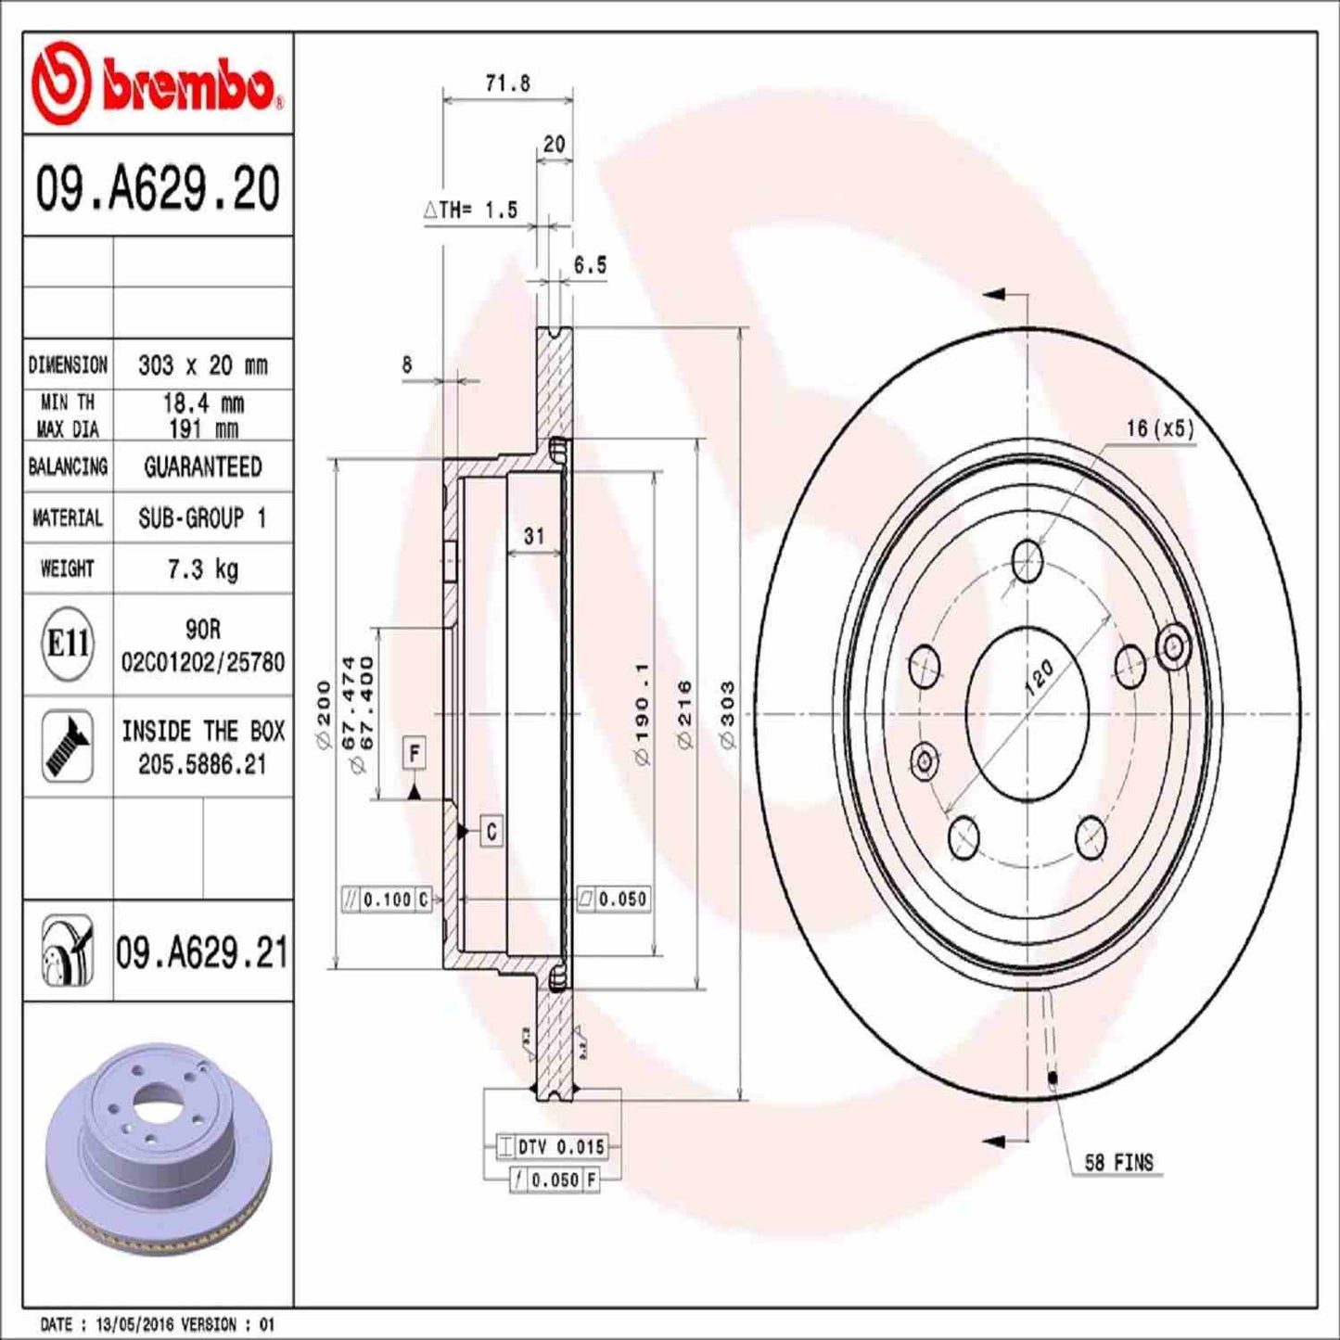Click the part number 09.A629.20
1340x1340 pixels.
tap(158, 187)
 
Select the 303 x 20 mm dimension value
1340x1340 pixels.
tap(202, 365)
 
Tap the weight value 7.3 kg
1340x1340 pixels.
tap(202, 568)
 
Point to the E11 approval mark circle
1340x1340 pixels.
tap(68, 643)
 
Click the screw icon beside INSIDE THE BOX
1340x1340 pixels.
tap(68, 746)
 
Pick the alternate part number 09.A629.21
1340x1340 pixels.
tap(202, 952)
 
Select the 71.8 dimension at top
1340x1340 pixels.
tap(507, 83)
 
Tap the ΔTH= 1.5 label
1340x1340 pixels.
tap(470, 211)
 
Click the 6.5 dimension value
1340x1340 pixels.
tap(589, 265)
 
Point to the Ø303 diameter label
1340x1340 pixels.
tap(727, 714)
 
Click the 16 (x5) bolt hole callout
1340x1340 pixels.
tap(1159, 428)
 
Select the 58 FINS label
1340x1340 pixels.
tap(1118, 1163)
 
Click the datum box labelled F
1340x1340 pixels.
tap(415, 753)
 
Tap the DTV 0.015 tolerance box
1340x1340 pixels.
tap(551, 1147)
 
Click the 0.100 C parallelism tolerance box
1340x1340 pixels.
tap(387, 900)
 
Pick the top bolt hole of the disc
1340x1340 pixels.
tap(1027, 561)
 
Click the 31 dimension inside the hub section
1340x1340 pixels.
tap(534, 536)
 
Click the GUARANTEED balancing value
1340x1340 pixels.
tap(202, 466)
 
